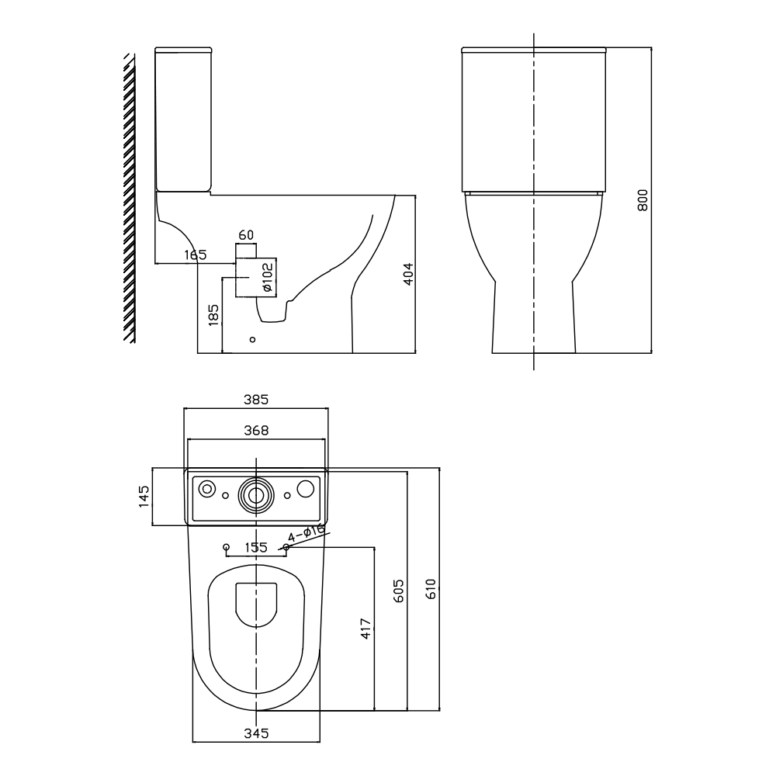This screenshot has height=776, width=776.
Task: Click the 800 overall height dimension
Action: [x=643, y=200]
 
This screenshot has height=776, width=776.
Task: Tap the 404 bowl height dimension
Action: [x=408, y=274]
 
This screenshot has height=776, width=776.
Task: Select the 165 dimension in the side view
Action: [x=196, y=255]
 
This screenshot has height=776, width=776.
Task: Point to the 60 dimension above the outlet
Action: [x=246, y=235]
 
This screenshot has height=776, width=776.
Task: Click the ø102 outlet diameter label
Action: [x=267, y=277]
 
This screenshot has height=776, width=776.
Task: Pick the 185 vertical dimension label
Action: [x=213, y=315]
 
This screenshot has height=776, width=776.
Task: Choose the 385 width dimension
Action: [x=256, y=400]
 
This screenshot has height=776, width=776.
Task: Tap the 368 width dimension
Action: [x=256, y=431]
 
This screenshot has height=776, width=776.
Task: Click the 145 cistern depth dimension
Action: [x=144, y=497]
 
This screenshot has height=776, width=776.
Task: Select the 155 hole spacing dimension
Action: [x=256, y=547]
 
